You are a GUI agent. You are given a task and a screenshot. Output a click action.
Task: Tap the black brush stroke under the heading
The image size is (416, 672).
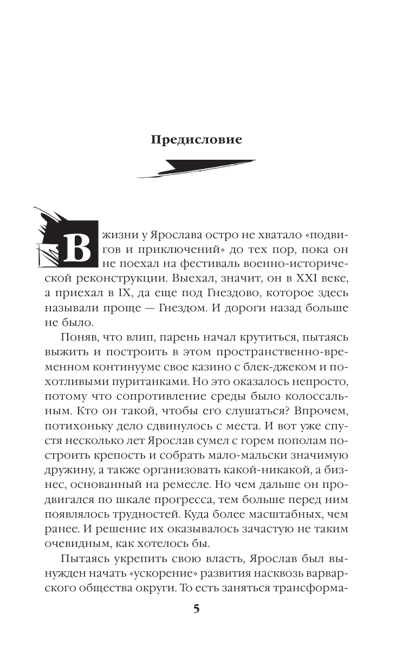click(196, 168)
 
